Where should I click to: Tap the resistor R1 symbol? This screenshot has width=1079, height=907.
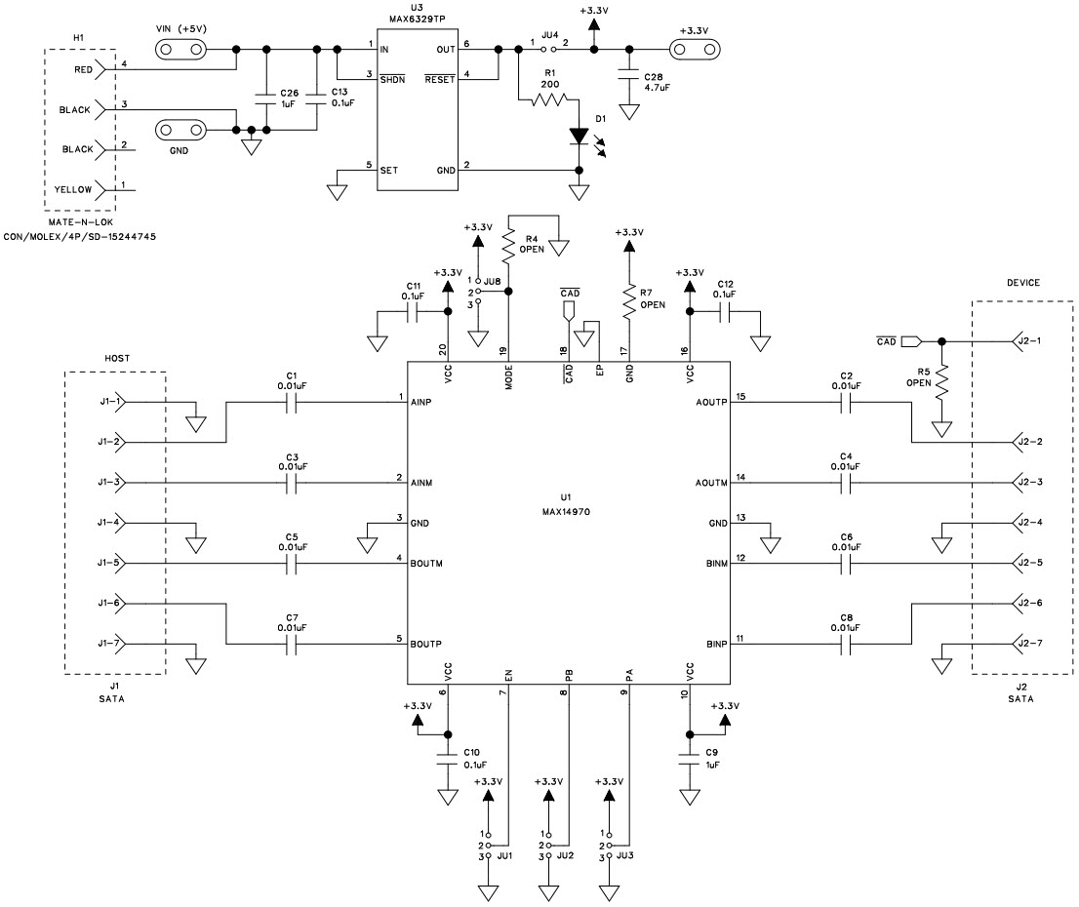coord(549,100)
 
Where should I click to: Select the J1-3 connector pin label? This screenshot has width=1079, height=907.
coord(110,482)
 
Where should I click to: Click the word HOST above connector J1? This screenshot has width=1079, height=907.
coord(116,359)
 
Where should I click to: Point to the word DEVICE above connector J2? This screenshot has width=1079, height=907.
coord(1022,283)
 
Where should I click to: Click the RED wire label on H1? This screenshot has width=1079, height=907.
coord(83,70)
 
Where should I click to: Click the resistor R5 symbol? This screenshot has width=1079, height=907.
coord(941,385)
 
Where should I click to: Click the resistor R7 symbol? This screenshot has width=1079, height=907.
coord(628,304)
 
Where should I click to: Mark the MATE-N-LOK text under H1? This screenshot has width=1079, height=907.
coord(79,223)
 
